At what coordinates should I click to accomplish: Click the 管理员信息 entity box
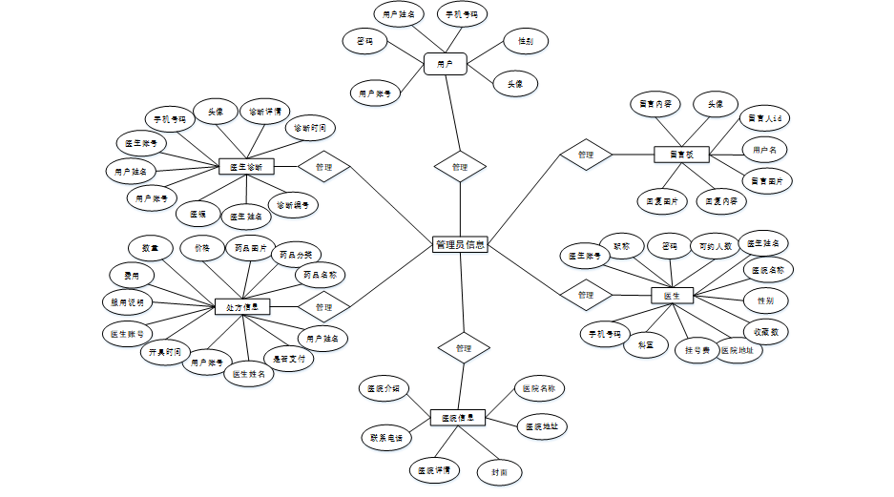coord(460,245)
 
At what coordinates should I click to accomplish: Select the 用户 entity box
coord(445,64)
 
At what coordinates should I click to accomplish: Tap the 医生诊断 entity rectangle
coord(246,166)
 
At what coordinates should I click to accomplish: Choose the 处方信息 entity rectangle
coord(242,306)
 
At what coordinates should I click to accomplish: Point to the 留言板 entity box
coord(681,154)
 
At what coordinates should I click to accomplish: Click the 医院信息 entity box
coord(458,417)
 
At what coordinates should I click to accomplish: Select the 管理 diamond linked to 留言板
coord(585,155)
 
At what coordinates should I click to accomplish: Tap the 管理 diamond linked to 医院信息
coord(464,348)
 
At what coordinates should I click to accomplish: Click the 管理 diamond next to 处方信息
coord(323,307)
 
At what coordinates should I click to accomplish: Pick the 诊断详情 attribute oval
coord(264,112)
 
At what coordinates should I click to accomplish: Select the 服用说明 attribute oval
coord(127,301)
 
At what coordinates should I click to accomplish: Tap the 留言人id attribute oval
coord(766,118)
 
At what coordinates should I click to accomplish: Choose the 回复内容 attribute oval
coord(721,201)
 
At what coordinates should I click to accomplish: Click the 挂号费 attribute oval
coord(698,350)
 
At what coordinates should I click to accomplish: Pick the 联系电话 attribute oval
coord(385,439)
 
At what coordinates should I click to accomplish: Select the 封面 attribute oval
coord(499,471)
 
